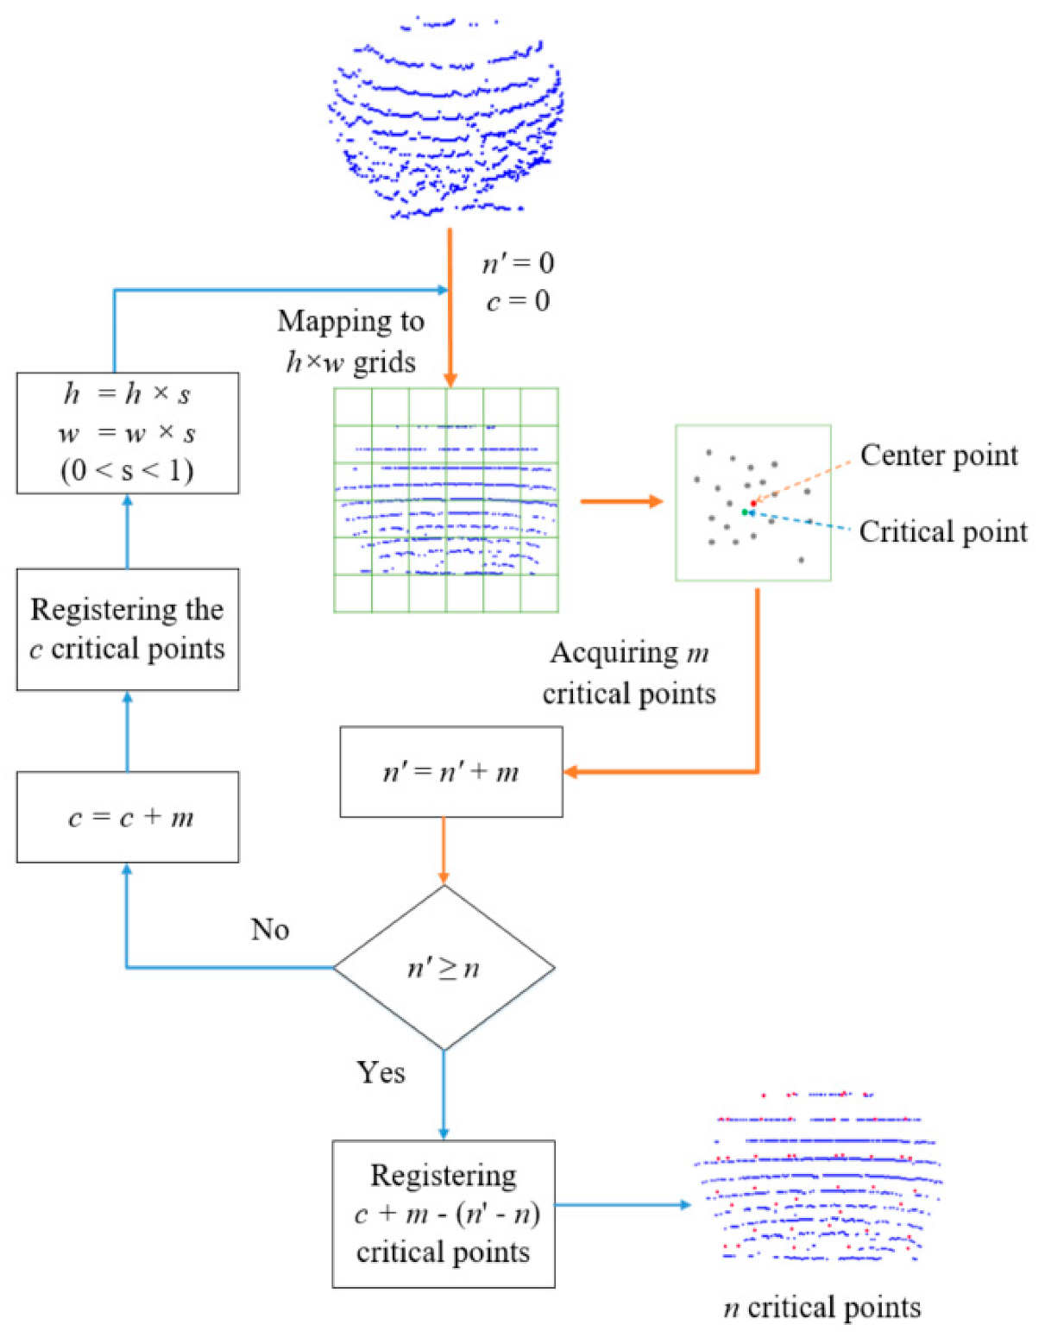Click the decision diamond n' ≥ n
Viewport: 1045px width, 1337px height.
(444, 968)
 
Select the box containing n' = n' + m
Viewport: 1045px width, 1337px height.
(450, 771)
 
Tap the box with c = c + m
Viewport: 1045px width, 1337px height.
(128, 817)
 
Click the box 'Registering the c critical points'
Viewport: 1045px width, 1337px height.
(128, 629)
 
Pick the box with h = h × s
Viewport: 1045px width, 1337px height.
(128, 433)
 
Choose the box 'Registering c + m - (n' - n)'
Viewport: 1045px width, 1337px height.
(444, 1214)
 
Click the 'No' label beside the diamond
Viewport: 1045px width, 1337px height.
(270, 929)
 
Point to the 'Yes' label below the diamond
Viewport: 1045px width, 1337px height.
(381, 1072)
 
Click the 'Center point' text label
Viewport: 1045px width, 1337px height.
(939, 455)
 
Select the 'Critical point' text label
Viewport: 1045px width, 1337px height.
(943, 531)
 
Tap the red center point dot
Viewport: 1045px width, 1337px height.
(753, 503)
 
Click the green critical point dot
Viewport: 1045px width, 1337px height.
(745, 512)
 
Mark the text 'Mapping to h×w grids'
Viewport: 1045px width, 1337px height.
(350, 342)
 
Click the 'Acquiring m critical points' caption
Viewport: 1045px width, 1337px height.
(629, 673)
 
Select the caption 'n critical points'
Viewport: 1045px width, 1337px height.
(822, 1308)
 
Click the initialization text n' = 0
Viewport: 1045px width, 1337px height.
(518, 263)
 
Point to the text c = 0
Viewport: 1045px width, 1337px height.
(518, 301)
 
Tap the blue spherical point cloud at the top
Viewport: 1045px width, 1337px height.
(446, 121)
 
